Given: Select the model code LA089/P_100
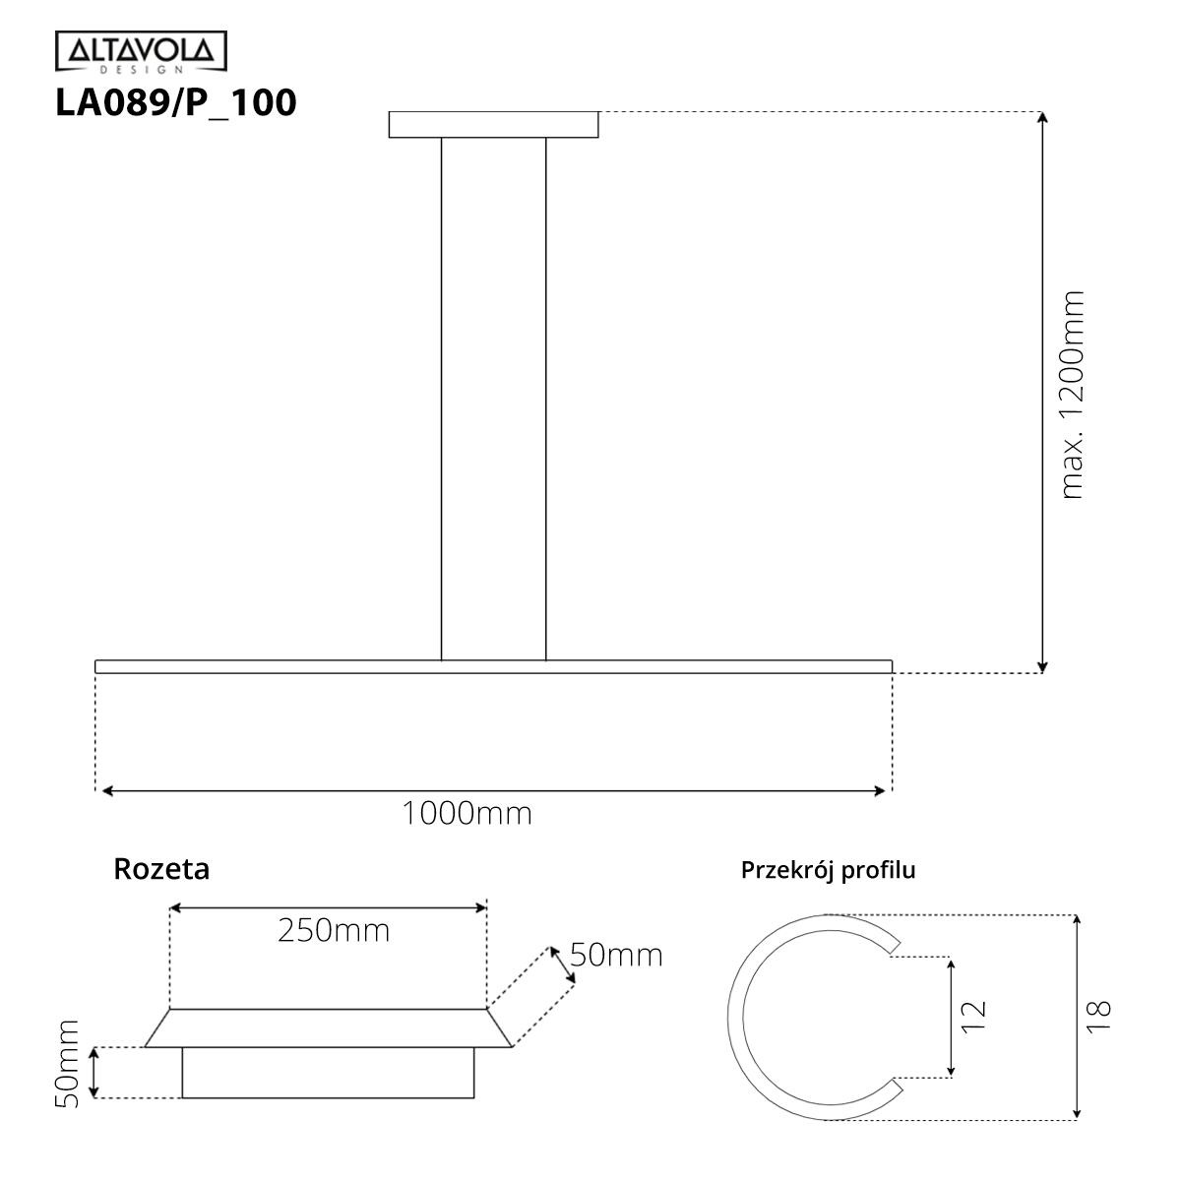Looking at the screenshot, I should click(x=176, y=103).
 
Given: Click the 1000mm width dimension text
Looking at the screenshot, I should click(x=466, y=814).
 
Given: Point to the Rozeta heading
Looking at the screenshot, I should click(x=161, y=869).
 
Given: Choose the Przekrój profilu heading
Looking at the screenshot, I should click(x=828, y=870).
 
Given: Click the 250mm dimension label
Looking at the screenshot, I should click(x=333, y=930).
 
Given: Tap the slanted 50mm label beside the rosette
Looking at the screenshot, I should click(x=616, y=955).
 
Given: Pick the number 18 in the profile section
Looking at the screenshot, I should click(x=1100, y=1016).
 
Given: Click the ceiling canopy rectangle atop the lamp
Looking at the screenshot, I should click(x=493, y=125).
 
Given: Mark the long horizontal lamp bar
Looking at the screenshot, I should click(x=493, y=666).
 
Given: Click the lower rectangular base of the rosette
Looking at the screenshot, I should click(x=328, y=1073).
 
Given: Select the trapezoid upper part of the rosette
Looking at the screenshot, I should click(x=328, y=1028).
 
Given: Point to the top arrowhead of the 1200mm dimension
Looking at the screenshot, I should click(x=1043, y=118).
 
